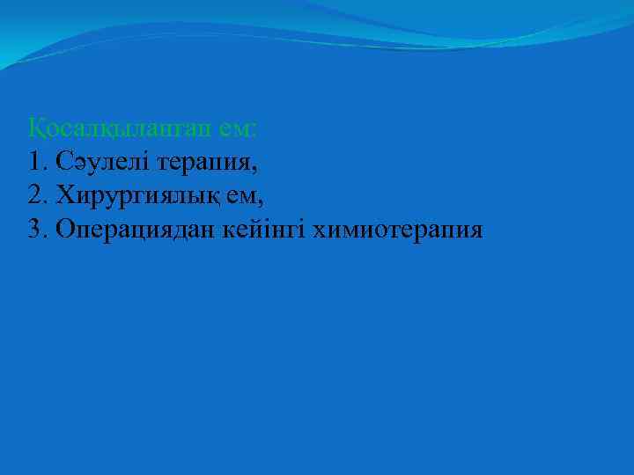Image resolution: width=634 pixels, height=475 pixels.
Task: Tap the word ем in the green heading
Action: click(237, 128)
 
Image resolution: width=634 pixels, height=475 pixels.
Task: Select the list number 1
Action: click(34, 162)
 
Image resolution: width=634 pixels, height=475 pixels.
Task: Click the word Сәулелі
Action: click(100, 162)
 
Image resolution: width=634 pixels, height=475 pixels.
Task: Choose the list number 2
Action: click(34, 195)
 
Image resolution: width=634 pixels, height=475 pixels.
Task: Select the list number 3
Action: click(34, 229)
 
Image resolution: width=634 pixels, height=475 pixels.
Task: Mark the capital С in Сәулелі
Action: click(62, 162)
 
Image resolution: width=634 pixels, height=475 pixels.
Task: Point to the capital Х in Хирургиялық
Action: click(63, 195)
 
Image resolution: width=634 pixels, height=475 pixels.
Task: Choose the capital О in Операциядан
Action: click(63, 229)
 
